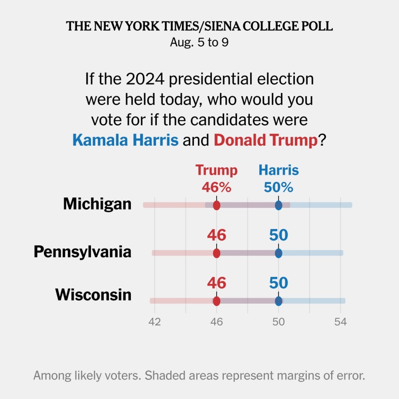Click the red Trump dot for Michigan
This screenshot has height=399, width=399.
coord(216,205)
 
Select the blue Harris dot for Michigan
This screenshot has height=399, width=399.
coord(279,205)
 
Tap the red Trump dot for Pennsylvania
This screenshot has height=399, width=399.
coord(216,253)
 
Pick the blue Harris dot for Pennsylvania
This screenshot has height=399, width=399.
coord(279,253)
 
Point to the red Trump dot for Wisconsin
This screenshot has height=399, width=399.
coord(216,301)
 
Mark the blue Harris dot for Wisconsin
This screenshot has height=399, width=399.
coord(279,301)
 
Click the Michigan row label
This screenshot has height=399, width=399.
coord(97,204)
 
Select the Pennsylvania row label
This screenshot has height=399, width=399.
coord(82,252)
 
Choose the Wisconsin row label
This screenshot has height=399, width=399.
coord(93,295)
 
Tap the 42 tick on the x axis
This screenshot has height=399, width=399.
coord(154,322)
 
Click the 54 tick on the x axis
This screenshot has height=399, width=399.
coord(341,322)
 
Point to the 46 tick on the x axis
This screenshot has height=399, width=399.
coord(216,322)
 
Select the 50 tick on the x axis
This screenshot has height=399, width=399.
coord(279,322)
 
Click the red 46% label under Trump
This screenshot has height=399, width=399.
coord(216,188)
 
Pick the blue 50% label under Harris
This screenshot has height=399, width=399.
coord(279,188)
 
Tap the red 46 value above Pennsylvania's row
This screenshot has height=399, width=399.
coord(216,235)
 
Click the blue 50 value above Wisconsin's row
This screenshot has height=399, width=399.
coord(279,283)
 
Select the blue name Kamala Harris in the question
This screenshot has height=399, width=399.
coord(126,140)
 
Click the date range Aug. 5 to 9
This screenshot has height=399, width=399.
coord(199,42)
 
